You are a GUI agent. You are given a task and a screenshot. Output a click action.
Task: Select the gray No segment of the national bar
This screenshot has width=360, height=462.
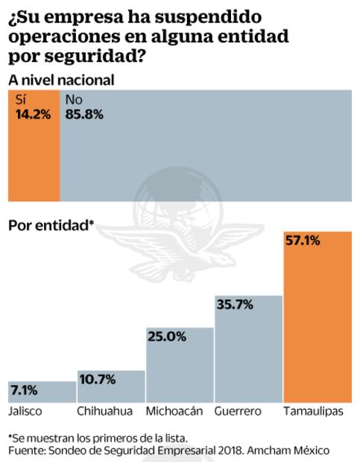tap(206, 156)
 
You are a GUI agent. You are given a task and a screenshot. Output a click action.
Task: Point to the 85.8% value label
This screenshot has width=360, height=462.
tap(84, 115)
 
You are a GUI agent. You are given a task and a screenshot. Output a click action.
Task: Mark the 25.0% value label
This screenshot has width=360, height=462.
tap(166, 337)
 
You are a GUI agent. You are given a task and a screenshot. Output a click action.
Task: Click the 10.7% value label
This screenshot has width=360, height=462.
tap(98, 379)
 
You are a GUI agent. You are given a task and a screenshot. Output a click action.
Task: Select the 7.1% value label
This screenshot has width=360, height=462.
tap(26, 390)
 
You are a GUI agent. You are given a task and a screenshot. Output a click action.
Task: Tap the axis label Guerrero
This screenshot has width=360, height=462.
tap(238, 411)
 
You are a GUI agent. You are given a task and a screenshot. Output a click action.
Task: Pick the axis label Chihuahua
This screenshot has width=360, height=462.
tap(105, 411)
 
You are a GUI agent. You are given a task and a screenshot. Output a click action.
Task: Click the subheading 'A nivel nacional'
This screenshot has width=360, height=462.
tap(61, 80)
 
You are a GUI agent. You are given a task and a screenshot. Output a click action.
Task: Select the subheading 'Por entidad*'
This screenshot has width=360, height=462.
tap(51, 225)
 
